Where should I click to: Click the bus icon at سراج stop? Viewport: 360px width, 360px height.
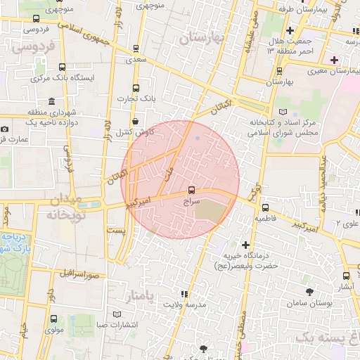click(192, 190)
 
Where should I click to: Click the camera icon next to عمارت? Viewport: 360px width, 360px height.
click(5, 129)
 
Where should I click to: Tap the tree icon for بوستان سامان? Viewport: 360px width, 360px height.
click(309, 291)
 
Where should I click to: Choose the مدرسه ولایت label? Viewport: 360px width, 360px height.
click(185, 304)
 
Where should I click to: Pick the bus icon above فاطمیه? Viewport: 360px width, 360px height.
click(265, 207)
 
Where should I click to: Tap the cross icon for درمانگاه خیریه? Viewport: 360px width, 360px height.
click(245, 245)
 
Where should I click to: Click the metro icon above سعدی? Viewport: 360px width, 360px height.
click(135, 49)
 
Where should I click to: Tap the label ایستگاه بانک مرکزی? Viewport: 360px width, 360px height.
click(82, 77)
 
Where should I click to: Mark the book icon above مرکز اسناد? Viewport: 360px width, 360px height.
click(283, 112)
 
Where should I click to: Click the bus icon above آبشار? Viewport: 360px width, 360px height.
click(345, 276)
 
